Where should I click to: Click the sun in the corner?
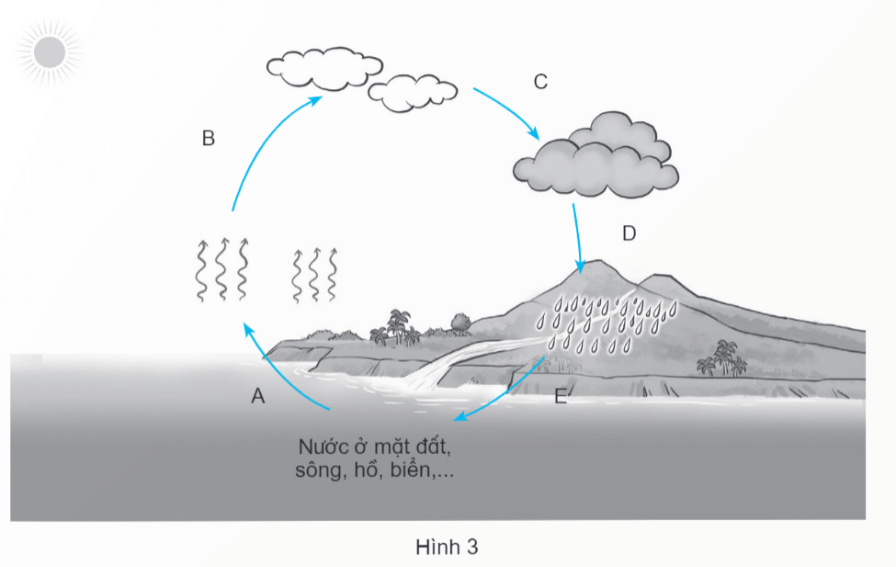tap(48, 52)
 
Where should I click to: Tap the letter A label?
tap(258, 396)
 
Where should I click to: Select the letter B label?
tap(208, 139)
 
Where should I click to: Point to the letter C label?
tap(540, 82)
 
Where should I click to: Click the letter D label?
tap(629, 233)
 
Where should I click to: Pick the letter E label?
tap(561, 397)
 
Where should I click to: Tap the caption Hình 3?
tap(447, 547)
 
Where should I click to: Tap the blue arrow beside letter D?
tap(578, 237)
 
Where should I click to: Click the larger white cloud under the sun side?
tap(318, 66)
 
